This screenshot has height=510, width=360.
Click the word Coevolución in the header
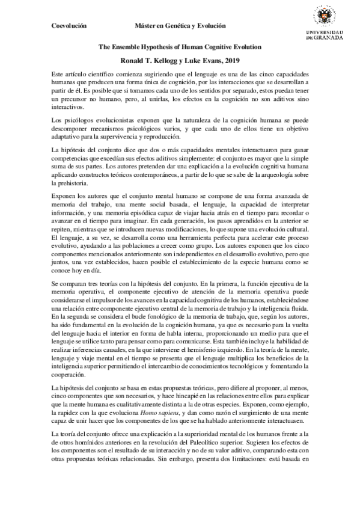[x=69, y=26]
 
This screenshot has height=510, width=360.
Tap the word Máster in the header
[x=148, y=26]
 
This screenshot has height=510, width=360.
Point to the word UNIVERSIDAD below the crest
[x=325, y=32]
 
